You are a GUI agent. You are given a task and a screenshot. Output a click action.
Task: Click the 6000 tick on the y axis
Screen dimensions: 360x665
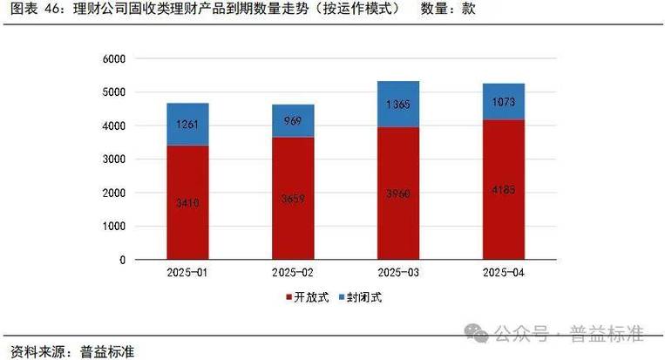(x=114, y=58)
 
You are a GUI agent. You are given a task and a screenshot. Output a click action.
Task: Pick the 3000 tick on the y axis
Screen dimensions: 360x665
(x=114, y=160)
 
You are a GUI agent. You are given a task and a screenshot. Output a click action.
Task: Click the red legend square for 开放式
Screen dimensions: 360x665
(x=289, y=298)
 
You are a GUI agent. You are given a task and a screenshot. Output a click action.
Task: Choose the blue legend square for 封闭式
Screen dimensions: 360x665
(x=343, y=298)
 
